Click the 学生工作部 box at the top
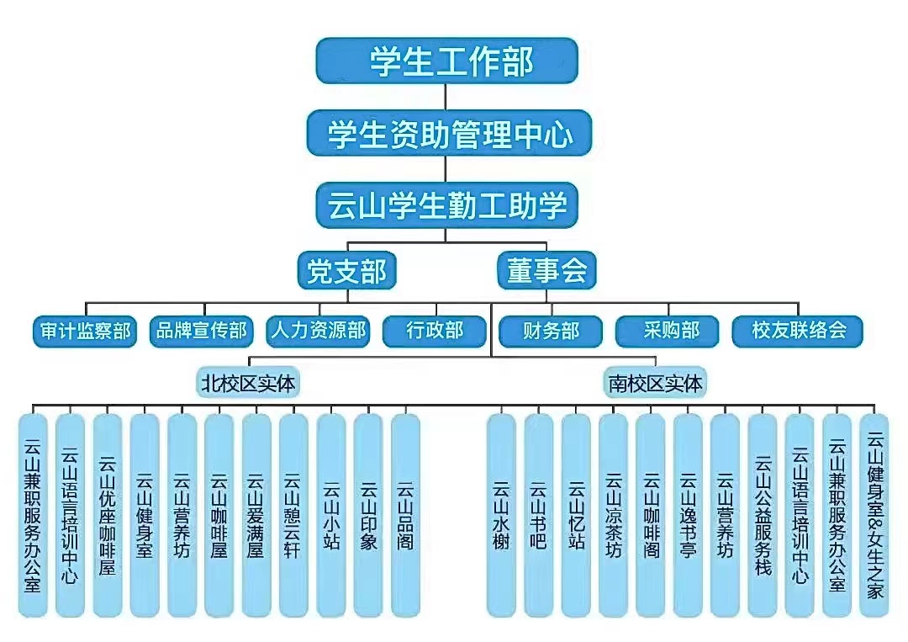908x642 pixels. pyautogui.click(x=446, y=61)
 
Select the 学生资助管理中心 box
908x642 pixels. pyautogui.click(x=448, y=134)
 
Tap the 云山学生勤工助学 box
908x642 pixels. pyautogui.click(x=446, y=205)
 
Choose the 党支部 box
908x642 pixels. pyautogui.click(x=346, y=271)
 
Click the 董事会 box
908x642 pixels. pyautogui.click(x=546, y=271)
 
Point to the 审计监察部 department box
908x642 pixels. pyautogui.click(x=86, y=331)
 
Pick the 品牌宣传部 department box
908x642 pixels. pyautogui.click(x=202, y=331)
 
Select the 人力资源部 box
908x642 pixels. pyautogui.click(x=318, y=331)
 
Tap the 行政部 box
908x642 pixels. pyautogui.click(x=434, y=331)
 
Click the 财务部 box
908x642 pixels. pyautogui.click(x=551, y=331)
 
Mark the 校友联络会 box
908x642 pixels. pyautogui.click(x=798, y=331)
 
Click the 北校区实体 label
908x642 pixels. pyautogui.click(x=249, y=384)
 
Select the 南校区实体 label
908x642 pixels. pyautogui.click(x=655, y=384)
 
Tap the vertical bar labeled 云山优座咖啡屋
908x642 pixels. pyautogui.click(x=107, y=515)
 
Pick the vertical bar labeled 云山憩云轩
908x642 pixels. pyautogui.click(x=293, y=515)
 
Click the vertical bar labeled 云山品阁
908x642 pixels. pyautogui.click(x=404, y=515)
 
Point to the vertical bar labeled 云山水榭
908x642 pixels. pyautogui.click(x=501, y=515)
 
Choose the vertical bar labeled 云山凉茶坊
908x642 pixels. pyautogui.click(x=613, y=515)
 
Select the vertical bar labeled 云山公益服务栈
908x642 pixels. pyautogui.click(x=762, y=515)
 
